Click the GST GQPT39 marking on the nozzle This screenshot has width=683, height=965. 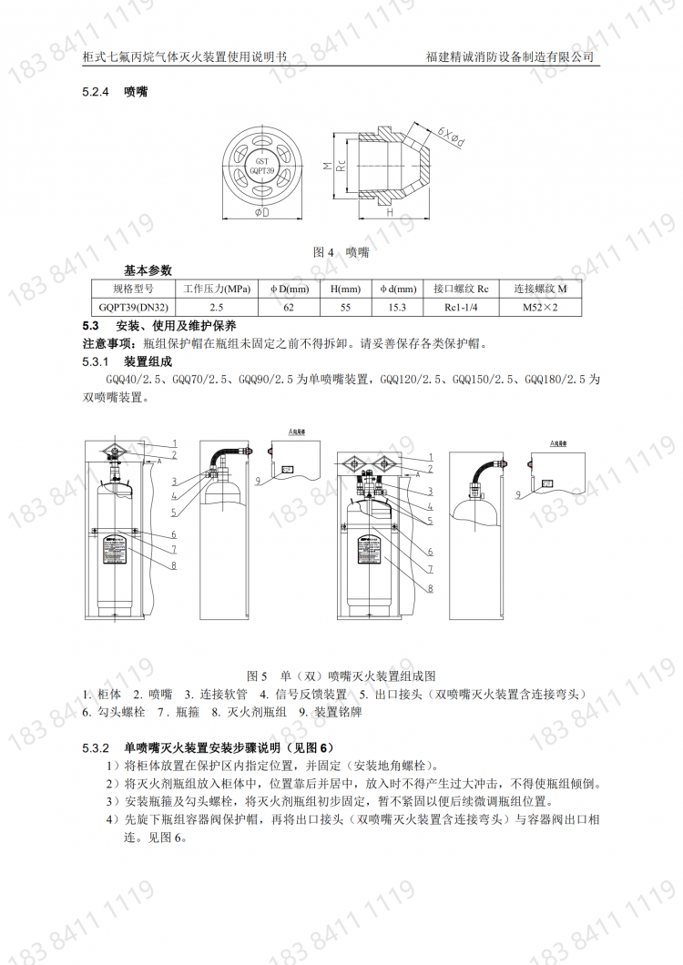click(261, 164)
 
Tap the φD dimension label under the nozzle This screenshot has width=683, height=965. click(260, 212)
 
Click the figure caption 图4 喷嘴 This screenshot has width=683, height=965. click(341, 251)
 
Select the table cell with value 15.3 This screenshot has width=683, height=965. click(397, 308)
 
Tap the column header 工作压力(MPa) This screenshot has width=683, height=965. click(217, 289)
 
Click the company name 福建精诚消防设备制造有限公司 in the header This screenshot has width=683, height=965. click(510, 56)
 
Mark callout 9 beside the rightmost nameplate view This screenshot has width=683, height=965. click(517, 494)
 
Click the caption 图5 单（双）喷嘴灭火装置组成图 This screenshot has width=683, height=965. click(341, 675)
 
